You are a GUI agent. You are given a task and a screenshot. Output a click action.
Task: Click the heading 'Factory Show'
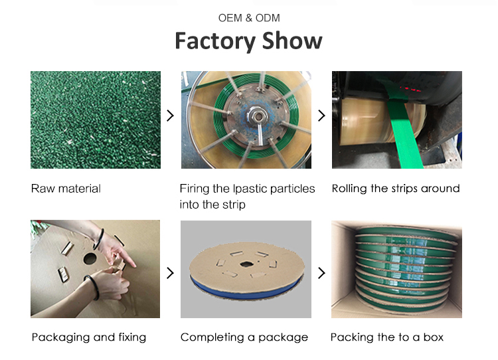pyautogui.click(x=249, y=41)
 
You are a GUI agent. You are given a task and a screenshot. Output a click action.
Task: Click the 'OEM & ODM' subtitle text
pyautogui.click(x=249, y=18)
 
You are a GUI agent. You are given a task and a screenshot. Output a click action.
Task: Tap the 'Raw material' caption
pyautogui.click(x=66, y=189)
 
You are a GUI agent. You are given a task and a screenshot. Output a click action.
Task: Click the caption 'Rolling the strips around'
pyautogui.click(x=396, y=189)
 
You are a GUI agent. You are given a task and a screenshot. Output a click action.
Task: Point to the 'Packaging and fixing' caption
pyautogui.click(x=89, y=337)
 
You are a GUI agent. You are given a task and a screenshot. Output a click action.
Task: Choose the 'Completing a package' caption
pyautogui.click(x=244, y=337)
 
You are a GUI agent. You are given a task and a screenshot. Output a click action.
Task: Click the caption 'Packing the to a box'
pyautogui.click(x=387, y=337)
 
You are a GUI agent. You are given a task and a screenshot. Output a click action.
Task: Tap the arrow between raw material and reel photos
pyautogui.click(x=170, y=116)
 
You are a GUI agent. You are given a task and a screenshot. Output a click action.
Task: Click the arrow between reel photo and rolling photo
pyautogui.click(x=321, y=116)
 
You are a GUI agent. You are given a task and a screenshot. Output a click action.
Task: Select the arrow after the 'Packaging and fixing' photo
pyautogui.click(x=170, y=273)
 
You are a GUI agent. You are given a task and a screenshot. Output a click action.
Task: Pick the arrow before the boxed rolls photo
pyautogui.click(x=321, y=273)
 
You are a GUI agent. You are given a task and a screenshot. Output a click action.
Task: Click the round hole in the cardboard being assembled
pyautogui.click(x=90, y=258)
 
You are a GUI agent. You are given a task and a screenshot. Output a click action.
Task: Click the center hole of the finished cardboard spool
pyautogui.click(x=246, y=264)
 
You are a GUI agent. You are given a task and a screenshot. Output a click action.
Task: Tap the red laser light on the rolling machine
pyautogui.click(x=410, y=88)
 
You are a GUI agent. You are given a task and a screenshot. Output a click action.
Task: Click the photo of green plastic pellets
pyautogui.click(x=96, y=120)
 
